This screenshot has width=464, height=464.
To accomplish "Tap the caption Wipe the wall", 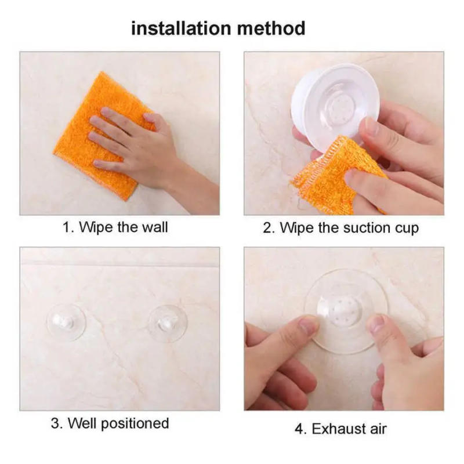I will pyautogui.click(x=115, y=227).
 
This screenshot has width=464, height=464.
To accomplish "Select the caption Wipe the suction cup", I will pyautogui.click(x=340, y=227).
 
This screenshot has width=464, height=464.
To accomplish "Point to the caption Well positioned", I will pyautogui.click(x=110, y=423).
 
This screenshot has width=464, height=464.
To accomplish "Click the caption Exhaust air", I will pyautogui.click(x=340, y=429).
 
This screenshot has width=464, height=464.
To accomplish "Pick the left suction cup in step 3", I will pyautogui.click(x=66, y=321).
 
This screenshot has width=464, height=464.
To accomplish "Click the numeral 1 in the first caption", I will pyautogui.click(x=66, y=227).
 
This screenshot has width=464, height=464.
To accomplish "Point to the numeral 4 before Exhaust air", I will pyautogui.click(x=299, y=429).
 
